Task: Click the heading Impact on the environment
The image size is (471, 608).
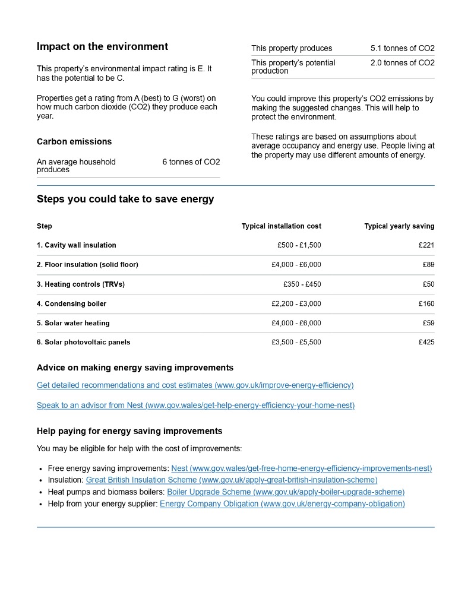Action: pyautogui.click(x=102, y=47)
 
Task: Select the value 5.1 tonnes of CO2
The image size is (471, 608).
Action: pyautogui.click(x=402, y=49)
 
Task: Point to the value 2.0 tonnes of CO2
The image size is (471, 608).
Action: pyautogui.click(x=402, y=63)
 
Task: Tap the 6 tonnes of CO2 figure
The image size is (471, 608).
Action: pyautogui.click(x=191, y=162)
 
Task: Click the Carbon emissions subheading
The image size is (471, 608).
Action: pyautogui.click(x=74, y=142)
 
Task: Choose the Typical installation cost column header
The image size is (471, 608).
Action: pyautogui.click(x=281, y=226)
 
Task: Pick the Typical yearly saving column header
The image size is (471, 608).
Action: pyautogui.click(x=399, y=226)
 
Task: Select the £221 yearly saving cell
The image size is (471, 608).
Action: pyautogui.click(x=426, y=245)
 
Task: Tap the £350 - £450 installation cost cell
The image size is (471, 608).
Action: pyautogui.click(x=302, y=284)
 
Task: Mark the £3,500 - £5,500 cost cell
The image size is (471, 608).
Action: pyautogui.click(x=296, y=343)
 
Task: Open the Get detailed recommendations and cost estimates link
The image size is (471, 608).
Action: pyautogui.click(x=195, y=385)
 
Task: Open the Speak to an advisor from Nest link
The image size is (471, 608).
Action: pyautogui.click(x=195, y=406)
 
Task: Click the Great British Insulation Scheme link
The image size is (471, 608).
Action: pyautogui.click(x=232, y=480)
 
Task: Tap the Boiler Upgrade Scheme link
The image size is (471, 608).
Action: pyautogui.click(x=286, y=492)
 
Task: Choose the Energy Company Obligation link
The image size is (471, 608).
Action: pyautogui.click(x=282, y=504)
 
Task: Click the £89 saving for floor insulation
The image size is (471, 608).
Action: pyautogui.click(x=428, y=265)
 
